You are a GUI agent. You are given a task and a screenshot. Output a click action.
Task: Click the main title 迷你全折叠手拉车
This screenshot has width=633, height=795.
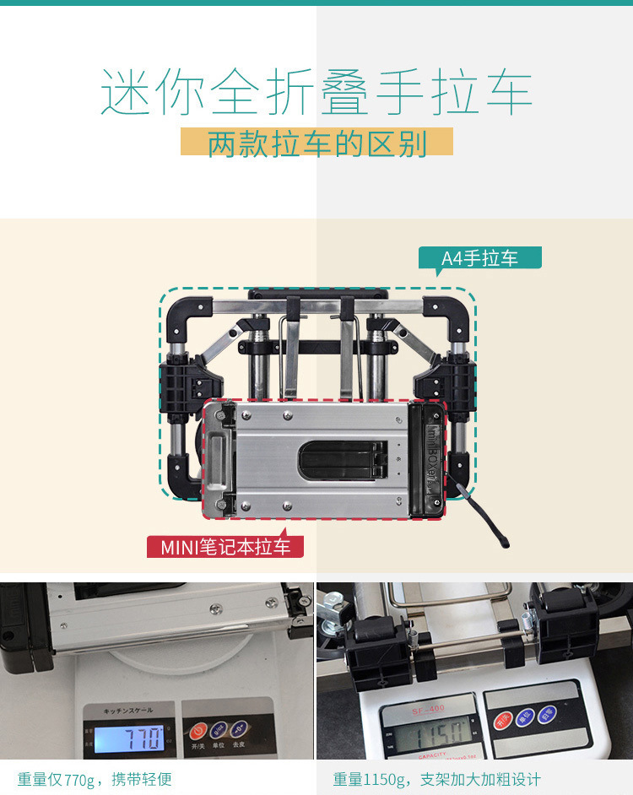pos(316,94)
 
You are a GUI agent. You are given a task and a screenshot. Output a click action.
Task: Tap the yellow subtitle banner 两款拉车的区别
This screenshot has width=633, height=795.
pos(316,143)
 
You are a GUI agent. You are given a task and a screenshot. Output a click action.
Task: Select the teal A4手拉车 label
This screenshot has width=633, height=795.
pos(479,258)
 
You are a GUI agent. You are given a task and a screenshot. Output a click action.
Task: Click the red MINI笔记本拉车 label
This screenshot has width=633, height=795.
pos(225,546)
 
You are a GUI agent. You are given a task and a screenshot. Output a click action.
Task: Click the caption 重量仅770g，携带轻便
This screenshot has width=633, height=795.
pos(95,779)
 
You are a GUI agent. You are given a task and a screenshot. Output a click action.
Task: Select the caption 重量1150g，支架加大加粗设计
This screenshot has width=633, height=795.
pos(436,779)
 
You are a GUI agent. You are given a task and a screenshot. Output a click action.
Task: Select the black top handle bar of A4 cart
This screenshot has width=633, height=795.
pos(317,295)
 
